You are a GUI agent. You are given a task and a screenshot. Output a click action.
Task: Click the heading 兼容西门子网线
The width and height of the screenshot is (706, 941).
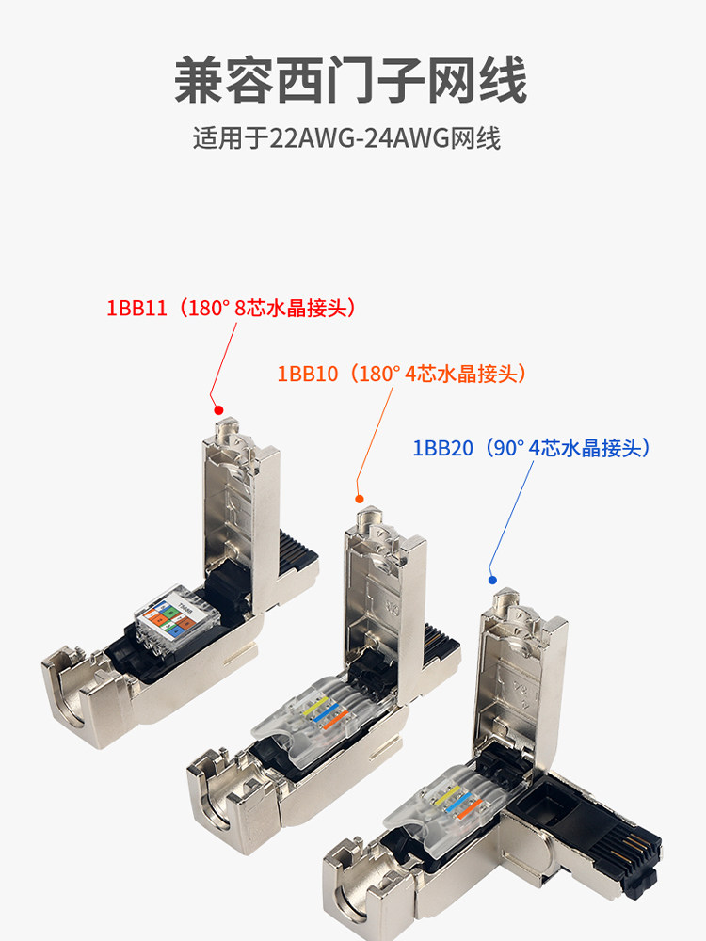351,81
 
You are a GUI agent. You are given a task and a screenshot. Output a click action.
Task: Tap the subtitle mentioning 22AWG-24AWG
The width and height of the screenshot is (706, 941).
346,139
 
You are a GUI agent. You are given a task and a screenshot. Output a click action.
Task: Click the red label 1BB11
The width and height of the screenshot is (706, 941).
235,308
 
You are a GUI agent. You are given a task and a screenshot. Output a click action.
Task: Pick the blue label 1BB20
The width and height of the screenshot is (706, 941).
532,448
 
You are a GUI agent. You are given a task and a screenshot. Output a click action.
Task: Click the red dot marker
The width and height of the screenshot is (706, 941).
218,410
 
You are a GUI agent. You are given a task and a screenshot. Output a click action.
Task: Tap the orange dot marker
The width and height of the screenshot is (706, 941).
358,498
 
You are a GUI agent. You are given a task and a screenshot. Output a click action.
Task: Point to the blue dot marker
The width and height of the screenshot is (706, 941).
490,579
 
